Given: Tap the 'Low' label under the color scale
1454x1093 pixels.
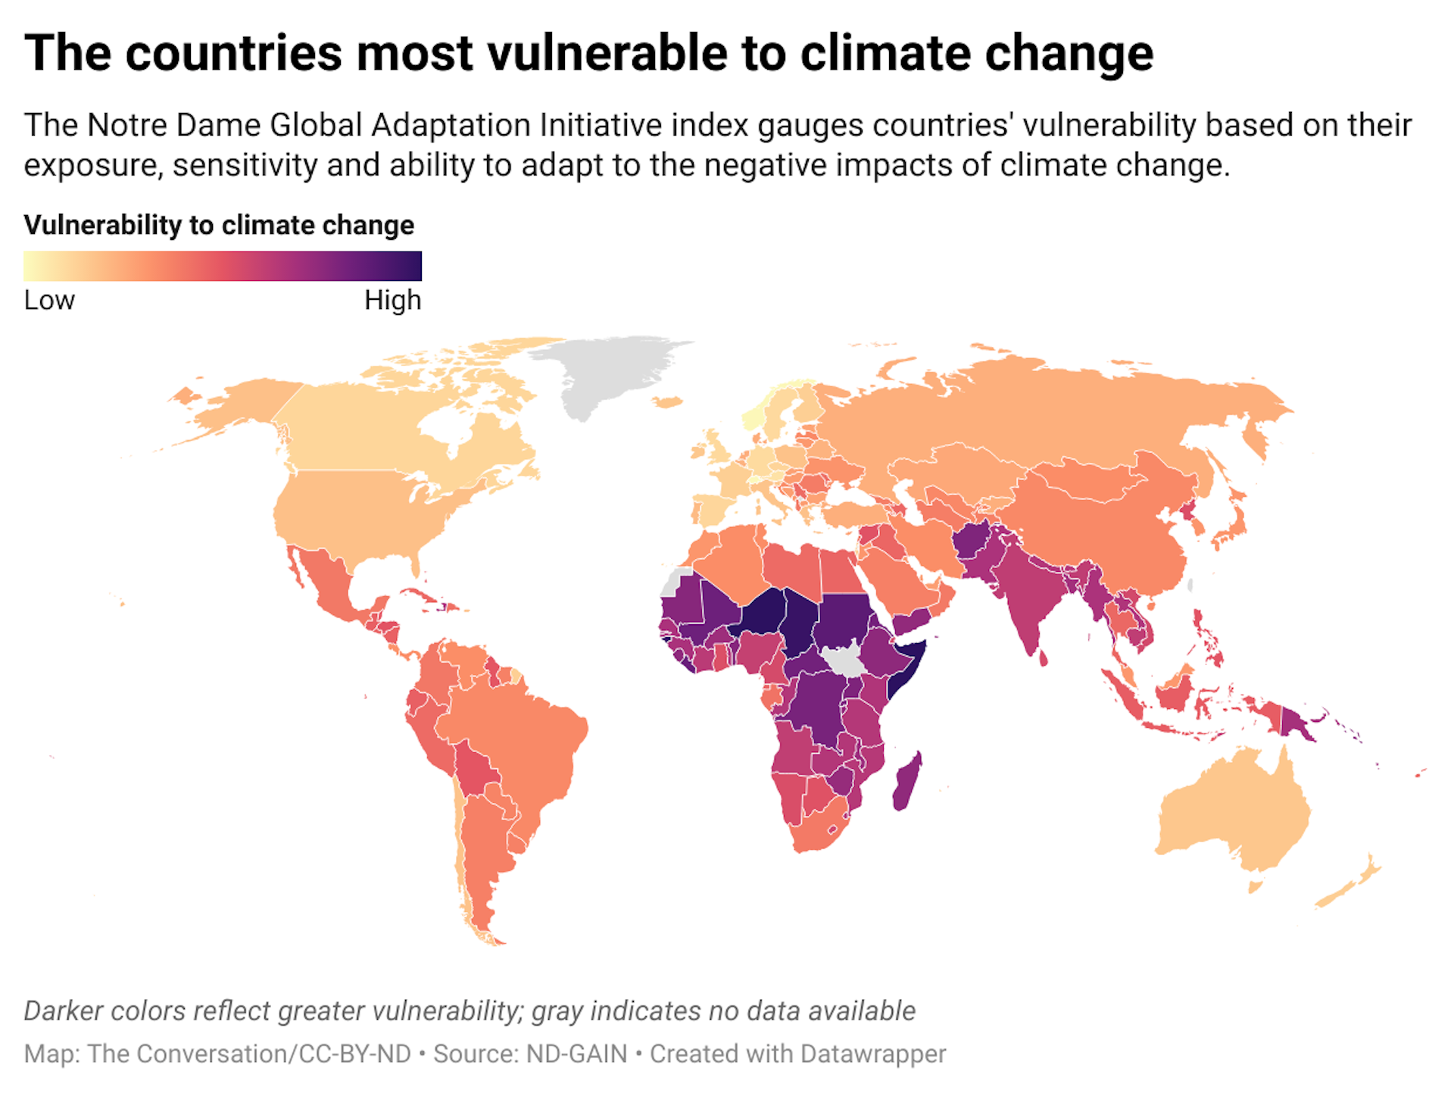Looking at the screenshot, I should (49, 301).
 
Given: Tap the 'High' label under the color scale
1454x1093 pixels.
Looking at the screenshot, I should (392, 301).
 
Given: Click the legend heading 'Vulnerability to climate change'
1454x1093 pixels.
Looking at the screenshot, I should (219, 225).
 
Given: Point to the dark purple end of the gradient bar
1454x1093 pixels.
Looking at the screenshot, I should (409, 266).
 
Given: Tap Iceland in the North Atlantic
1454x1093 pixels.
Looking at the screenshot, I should (668, 402).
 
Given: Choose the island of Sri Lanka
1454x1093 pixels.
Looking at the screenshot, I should (1043, 657).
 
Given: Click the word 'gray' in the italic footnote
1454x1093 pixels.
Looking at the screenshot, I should (557, 1011).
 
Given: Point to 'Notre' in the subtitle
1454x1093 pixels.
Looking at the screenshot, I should (129, 126).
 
